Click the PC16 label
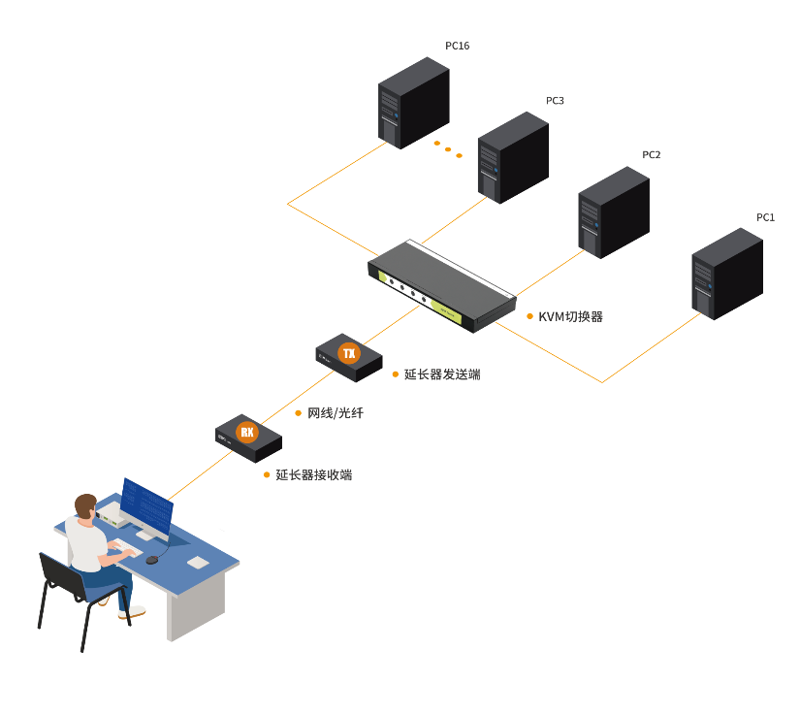click(x=457, y=46)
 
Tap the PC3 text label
click(x=555, y=100)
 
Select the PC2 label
click(x=651, y=154)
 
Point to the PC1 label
click(x=765, y=217)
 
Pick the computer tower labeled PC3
click(x=514, y=157)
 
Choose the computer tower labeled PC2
click(x=613, y=212)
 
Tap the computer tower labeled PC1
click(x=726, y=274)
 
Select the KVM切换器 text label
click(x=570, y=316)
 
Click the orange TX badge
click(x=348, y=353)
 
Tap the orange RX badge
click(x=247, y=432)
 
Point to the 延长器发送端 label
click(x=442, y=374)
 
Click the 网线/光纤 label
click(x=336, y=413)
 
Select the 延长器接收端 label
click(x=313, y=475)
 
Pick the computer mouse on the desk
click(x=151, y=560)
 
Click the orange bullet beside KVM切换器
click(x=529, y=316)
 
